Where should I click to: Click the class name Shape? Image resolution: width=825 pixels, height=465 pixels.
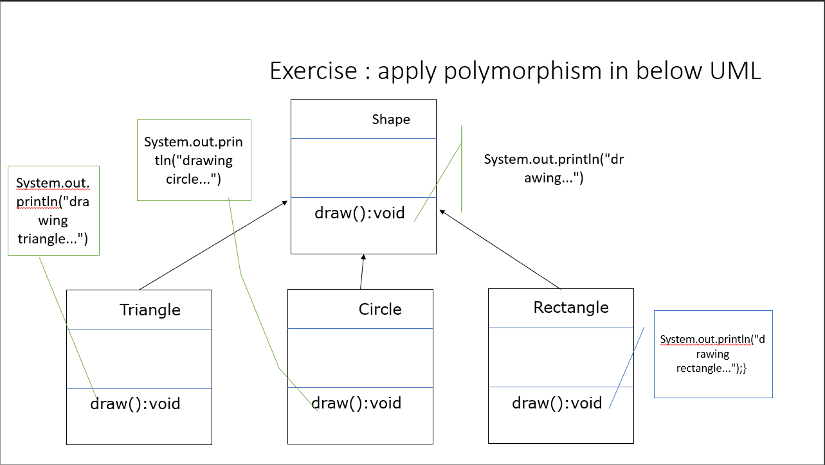point(391,119)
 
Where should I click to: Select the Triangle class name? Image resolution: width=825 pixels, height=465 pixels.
point(150,310)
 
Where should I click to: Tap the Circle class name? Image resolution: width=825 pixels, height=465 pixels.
point(380,310)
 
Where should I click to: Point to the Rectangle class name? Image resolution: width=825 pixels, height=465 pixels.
point(571,308)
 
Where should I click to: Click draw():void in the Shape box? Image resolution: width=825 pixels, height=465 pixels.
point(359,213)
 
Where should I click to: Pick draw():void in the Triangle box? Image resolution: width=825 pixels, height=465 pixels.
point(135,404)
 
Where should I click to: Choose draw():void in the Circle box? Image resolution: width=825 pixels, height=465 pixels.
point(356,403)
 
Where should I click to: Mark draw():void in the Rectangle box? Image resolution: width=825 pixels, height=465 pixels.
point(557,403)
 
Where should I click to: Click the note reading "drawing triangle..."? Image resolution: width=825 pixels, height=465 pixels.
point(53,211)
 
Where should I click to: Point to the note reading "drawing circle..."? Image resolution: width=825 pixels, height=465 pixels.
point(194,160)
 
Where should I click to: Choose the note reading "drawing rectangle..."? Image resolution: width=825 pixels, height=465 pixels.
point(712,354)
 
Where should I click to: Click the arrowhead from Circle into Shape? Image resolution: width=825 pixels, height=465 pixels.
point(363,258)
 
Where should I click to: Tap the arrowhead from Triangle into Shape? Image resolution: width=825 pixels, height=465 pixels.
point(284,204)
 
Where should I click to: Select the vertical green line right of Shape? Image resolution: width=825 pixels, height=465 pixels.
point(462,168)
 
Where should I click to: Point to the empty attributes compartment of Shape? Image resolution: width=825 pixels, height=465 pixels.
point(363,168)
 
